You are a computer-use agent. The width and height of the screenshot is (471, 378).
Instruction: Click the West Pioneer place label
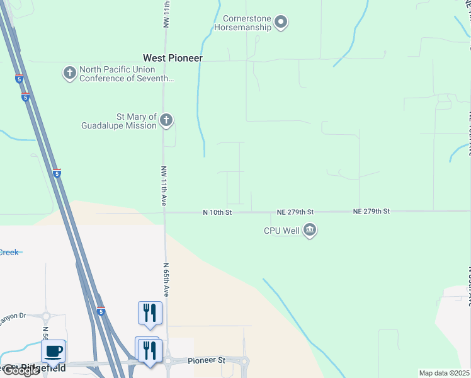click(x=173, y=58)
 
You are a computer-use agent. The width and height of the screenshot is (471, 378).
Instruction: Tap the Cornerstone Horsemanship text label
click(x=242, y=23)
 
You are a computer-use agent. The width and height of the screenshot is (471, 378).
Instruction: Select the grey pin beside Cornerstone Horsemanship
click(x=281, y=23)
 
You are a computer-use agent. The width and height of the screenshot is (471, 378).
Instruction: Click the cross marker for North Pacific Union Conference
click(x=69, y=73)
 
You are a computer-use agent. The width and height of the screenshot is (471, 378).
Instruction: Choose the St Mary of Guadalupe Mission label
click(x=119, y=121)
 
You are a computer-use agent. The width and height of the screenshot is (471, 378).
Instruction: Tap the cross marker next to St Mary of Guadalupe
click(x=166, y=120)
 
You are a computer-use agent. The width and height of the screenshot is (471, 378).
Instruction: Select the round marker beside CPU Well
click(x=309, y=231)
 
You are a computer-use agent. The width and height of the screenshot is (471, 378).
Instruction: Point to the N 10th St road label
click(x=217, y=213)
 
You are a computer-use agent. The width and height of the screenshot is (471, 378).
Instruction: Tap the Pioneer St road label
click(x=206, y=361)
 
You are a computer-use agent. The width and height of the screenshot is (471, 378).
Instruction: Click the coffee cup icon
click(x=54, y=351)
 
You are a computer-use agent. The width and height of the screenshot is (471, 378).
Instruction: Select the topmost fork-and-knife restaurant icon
click(x=150, y=312)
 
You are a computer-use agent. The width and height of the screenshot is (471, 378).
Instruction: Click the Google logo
click(x=21, y=370)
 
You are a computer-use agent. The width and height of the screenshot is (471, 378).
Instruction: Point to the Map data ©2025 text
click(x=444, y=373)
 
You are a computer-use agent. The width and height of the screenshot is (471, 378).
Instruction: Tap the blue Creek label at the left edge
click(x=9, y=253)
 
